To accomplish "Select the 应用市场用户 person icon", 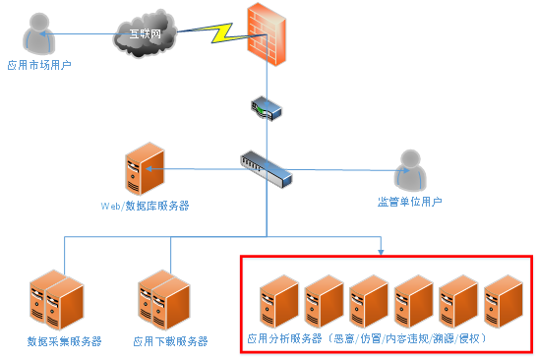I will (x=40, y=35).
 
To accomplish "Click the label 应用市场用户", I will (x=40, y=65).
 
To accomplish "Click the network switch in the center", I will (x=266, y=168).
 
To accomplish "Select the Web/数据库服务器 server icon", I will (x=142, y=169).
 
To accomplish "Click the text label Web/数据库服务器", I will (x=145, y=206).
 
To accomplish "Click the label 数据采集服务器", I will (x=64, y=341).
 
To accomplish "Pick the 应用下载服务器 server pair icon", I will (x=163, y=299).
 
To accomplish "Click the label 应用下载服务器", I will (x=170, y=341).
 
